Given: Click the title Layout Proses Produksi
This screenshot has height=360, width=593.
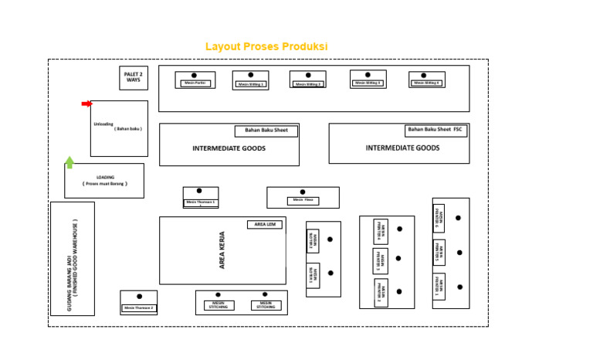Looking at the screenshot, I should coord(266,47).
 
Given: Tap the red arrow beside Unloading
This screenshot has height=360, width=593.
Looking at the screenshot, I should coord(86,104).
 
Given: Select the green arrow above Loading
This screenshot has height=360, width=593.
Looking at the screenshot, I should coord(69,161).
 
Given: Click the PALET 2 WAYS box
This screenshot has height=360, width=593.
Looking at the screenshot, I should coord(134,78).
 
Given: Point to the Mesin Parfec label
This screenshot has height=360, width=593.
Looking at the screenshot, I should coord(194,83).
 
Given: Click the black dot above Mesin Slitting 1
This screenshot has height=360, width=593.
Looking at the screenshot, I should coord(251,75).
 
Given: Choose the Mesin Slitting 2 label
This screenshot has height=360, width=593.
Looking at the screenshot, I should coord(307,83).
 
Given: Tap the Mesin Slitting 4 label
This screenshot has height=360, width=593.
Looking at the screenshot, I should coord(426,83).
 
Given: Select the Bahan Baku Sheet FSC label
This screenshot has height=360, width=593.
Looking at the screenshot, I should coord(437,130).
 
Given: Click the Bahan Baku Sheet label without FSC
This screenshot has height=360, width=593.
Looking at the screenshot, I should coord(266,131).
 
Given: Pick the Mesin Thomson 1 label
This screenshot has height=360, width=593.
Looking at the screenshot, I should coord(200,202).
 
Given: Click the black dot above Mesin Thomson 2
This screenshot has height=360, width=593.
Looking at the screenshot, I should coord(139,296).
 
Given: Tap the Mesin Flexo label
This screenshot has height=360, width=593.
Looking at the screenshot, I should coord(303,201).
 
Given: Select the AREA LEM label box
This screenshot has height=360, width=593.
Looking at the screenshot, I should coord(264,225).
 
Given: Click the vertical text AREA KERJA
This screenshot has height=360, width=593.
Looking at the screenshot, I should coord(222,252).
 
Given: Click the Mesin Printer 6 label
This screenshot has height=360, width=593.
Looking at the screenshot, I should coord(439,218).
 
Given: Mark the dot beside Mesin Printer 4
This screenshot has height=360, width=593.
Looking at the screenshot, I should coord(398,229).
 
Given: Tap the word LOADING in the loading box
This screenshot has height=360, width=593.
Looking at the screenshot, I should coord(104,177).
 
